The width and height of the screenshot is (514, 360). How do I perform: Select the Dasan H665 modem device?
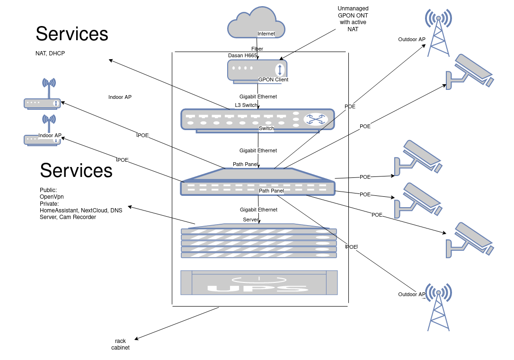pyautogui.click(x=257, y=70)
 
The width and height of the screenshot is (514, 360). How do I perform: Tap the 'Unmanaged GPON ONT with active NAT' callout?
pyautogui.click(x=353, y=19)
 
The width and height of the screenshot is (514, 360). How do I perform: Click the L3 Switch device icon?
pyautogui.click(x=257, y=119)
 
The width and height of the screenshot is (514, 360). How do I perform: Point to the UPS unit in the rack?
pyautogui.click(x=259, y=283)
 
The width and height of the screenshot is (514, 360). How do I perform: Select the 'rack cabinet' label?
pyautogui.click(x=120, y=344)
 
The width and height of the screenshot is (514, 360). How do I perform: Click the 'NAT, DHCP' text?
pyautogui.click(x=50, y=53)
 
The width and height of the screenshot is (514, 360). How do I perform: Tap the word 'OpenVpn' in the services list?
pyautogui.click(x=52, y=197)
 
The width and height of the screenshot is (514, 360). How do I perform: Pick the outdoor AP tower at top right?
pyautogui.click(x=438, y=33)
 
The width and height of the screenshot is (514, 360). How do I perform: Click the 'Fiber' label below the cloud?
pyautogui.click(x=257, y=49)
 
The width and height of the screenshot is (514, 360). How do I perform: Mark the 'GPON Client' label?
pyautogui.click(x=273, y=79)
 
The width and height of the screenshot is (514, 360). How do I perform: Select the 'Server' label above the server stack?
pyautogui.click(x=251, y=220)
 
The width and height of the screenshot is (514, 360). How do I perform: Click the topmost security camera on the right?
pyautogui.click(x=469, y=71)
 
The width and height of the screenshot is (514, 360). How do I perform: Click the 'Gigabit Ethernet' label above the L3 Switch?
pyautogui.click(x=258, y=97)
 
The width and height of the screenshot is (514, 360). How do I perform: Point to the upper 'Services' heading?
pyautogui.click(x=72, y=34)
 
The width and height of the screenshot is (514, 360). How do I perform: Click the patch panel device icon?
pyautogui.click(x=257, y=182)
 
